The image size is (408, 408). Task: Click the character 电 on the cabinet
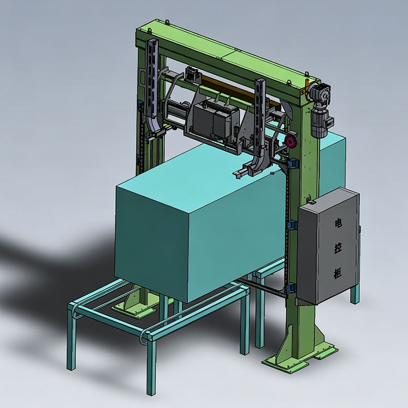click(x=338, y=223)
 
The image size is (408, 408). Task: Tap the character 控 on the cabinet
click(x=338, y=247)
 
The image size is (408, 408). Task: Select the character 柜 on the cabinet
click(x=338, y=274)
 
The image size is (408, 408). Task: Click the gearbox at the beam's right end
click(x=320, y=94)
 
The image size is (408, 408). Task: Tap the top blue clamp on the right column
click(x=293, y=163)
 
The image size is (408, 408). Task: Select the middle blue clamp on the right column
click(x=292, y=225)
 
